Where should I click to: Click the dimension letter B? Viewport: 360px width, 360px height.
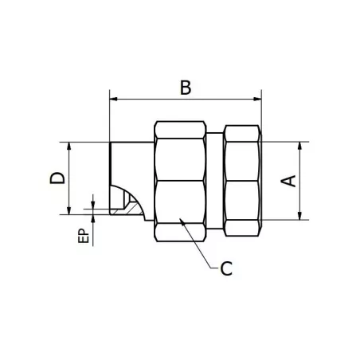point(185,87)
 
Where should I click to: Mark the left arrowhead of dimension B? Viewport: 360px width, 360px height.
point(112,100)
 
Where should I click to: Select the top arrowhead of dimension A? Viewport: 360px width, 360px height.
point(301,147)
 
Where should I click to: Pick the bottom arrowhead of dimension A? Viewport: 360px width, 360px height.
point(301,215)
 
